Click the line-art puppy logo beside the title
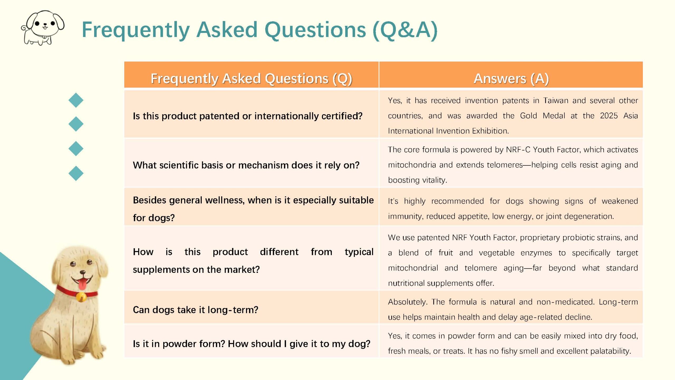(x=43, y=28)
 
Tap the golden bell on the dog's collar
(x=81, y=297)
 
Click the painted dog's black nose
(x=83, y=272)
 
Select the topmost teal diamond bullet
(x=76, y=100)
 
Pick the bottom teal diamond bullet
(x=76, y=173)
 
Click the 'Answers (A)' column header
(x=511, y=78)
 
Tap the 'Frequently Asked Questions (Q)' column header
(x=251, y=78)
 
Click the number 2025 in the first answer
(x=609, y=116)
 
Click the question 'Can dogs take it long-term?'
(x=195, y=310)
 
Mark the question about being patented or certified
(x=248, y=116)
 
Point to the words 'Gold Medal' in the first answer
(x=542, y=116)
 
